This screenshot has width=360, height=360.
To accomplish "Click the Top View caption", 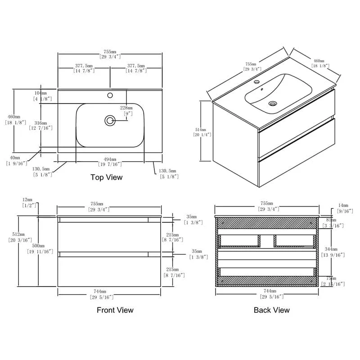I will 106,177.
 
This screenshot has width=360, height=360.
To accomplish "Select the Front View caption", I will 115,310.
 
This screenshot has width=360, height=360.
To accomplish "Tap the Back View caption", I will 271,310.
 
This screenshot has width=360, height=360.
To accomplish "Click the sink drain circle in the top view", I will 110,120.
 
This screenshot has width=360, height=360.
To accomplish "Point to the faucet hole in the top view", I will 109,95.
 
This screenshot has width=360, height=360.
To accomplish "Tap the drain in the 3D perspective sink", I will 272,103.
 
